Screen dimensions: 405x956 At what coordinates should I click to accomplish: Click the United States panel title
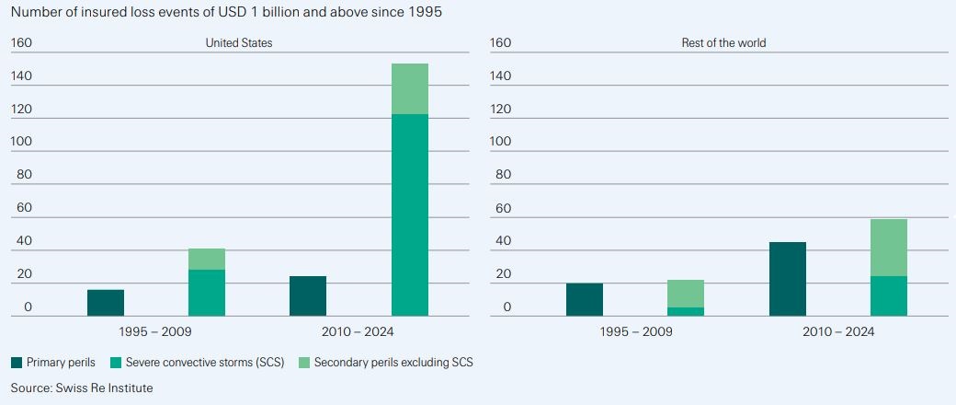239,43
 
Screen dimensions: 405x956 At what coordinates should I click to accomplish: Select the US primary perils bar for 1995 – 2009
106,303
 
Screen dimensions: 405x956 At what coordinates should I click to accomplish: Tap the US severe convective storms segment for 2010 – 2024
410,215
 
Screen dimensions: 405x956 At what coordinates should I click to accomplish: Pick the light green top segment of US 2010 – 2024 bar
410,89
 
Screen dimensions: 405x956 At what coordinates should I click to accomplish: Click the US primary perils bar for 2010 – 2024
308,296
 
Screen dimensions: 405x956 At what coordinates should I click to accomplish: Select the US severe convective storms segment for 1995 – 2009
207,293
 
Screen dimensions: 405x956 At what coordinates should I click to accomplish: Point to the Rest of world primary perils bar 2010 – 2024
788,279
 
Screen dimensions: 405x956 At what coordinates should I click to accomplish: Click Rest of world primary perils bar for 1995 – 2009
585,300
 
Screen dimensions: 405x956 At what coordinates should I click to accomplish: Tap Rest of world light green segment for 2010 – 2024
889,248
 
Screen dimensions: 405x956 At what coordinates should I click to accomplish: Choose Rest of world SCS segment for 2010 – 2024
889,296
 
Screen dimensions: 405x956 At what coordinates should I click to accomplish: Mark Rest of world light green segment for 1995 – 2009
686,294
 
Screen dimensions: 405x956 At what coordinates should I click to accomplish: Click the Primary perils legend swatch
17,363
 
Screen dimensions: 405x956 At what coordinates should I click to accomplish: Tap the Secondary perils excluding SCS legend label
393,363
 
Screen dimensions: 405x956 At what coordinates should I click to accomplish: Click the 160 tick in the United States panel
21,43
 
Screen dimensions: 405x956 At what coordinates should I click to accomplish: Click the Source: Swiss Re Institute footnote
82,388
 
